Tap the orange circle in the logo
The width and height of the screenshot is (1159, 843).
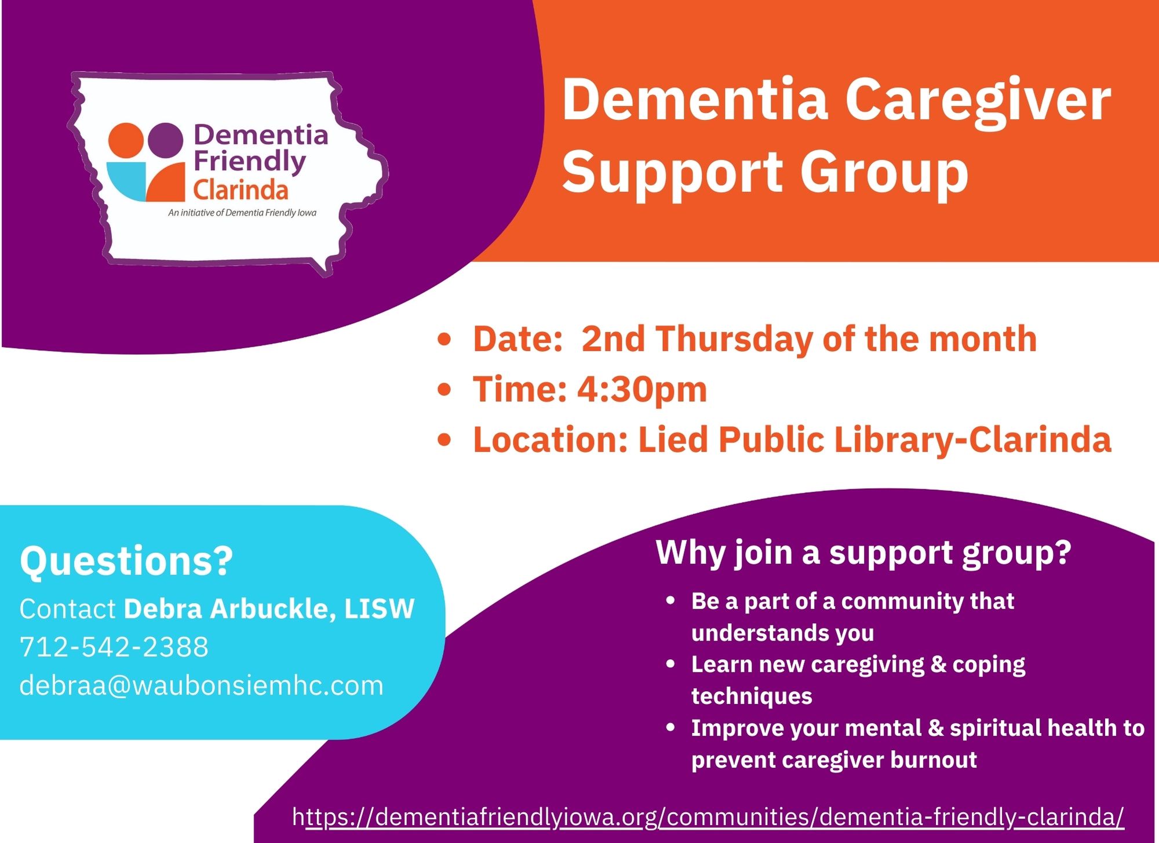pos(126,140)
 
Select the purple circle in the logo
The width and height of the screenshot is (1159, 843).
pos(165,140)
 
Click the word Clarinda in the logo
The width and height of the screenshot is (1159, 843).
pos(240,190)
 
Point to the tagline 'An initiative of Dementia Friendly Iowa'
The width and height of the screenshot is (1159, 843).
pos(242,213)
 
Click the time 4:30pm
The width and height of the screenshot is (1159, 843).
pos(642,389)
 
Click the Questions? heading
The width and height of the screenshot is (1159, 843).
pos(126,561)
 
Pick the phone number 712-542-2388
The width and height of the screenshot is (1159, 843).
pos(114,647)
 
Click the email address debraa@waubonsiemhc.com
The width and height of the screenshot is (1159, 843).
pos(202,685)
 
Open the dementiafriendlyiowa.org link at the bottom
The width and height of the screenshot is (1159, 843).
pos(708,817)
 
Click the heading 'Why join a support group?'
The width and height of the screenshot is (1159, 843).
pos(863,553)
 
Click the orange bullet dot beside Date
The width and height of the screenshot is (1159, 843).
pos(444,339)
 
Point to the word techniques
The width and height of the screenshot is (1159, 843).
pos(752,696)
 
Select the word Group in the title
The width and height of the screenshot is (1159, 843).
pos(884,173)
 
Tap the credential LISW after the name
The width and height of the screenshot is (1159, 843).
pos(380,609)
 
